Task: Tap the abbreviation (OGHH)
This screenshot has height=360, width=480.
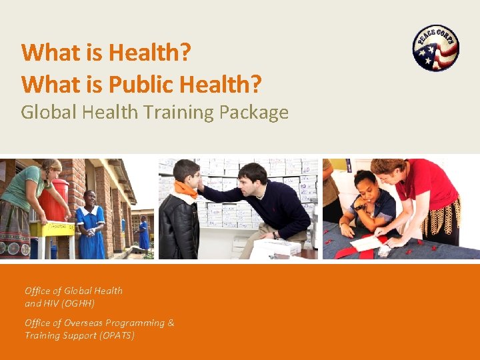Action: coord(79,303)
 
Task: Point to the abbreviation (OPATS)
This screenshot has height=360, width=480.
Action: coord(117,335)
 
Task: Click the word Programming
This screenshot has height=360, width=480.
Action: coord(136,323)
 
